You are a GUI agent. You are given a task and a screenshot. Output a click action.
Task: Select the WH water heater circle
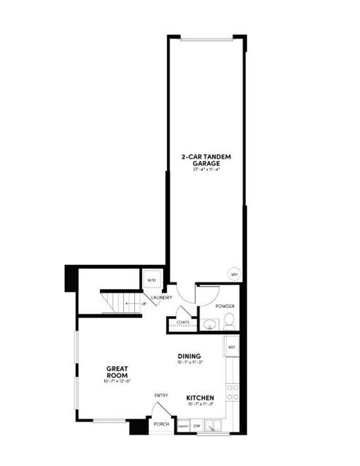click(x=235, y=274)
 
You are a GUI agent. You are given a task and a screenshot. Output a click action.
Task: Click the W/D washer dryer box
click(x=152, y=280)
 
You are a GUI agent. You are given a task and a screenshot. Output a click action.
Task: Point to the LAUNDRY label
click(x=161, y=298)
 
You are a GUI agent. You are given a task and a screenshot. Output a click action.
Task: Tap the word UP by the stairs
click(x=144, y=303)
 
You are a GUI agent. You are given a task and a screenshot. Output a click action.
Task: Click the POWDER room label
click(x=224, y=307)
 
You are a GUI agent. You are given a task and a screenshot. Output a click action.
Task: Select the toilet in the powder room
click(x=228, y=320)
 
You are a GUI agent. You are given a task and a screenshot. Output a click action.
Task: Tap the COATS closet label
click(x=183, y=322)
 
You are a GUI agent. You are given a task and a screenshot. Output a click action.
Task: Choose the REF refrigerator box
click(x=232, y=347)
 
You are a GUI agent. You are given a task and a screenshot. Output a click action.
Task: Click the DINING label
click(x=189, y=356)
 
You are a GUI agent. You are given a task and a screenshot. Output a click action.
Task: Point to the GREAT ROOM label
click(x=117, y=371)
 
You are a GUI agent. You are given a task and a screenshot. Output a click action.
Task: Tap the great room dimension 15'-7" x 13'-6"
click(x=117, y=381)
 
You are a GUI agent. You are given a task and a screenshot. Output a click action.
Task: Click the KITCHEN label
click(x=200, y=397)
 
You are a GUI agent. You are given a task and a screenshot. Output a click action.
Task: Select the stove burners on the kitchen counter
click(x=232, y=393)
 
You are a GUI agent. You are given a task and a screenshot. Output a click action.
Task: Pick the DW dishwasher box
click(x=197, y=426)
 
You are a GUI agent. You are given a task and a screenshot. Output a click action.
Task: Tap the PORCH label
click(x=161, y=424)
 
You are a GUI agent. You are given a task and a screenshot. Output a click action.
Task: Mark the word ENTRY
click(x=161, y=395)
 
